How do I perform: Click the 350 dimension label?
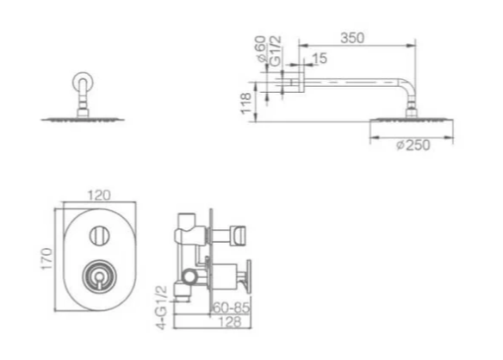point(352,38)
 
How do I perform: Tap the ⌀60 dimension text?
point(261,49)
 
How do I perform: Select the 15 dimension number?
point(320,59)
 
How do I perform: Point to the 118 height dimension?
point(246,103)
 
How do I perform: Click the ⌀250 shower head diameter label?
point(413,146)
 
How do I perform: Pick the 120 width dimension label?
point(99,196)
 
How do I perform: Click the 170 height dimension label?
point(47,258)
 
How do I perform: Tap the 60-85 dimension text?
point(231,307)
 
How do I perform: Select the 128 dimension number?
point(231,322)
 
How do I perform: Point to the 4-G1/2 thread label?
point(162,307)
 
